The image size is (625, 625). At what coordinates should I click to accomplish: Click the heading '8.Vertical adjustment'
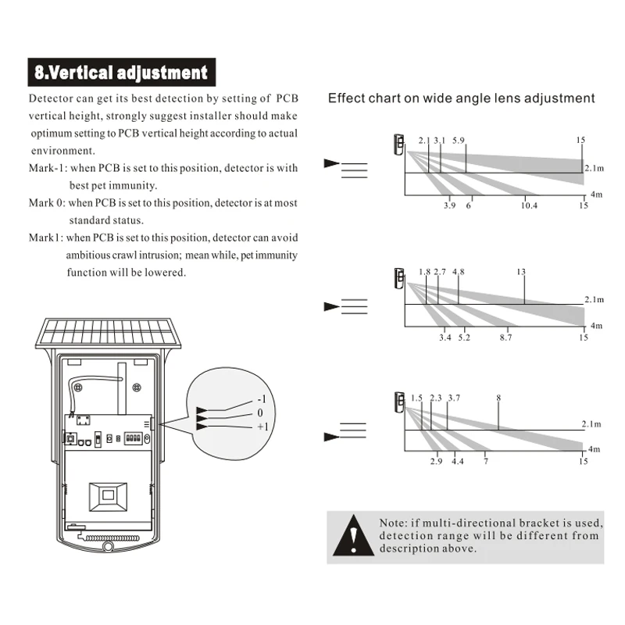tap(121, 73)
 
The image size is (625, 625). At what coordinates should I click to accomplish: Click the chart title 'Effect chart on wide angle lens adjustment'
tap(461, 98)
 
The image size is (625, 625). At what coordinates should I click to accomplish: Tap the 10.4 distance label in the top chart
tap(530, 205)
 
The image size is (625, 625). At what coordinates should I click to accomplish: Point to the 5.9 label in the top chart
tap(459, 141)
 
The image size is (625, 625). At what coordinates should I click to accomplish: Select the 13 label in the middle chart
tap(521, 272)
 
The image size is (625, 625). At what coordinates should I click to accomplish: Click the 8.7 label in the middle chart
tap(505, 337)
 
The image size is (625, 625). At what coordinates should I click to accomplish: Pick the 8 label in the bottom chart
tap(498, 398)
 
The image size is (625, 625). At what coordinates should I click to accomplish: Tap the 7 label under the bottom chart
tap(485, 462)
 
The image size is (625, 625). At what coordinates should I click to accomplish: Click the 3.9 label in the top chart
tap(449, 205)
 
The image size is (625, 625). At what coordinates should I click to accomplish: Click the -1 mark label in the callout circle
tap(262, 399)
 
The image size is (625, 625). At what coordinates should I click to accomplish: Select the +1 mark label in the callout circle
tap(262, 427)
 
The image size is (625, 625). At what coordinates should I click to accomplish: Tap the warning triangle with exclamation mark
tap(355, 535)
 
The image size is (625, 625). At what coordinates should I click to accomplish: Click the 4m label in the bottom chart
tap(594, 449)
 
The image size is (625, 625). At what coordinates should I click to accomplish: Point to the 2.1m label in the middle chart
tap(594, 299)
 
